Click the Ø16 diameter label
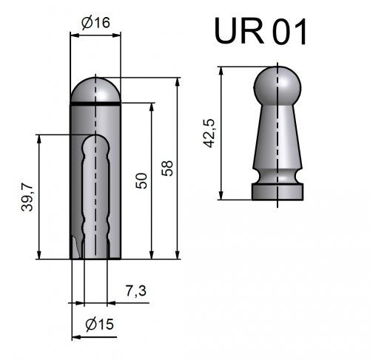coord(95,23)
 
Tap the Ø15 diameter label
coord(100,324)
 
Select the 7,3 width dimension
coord(135,291)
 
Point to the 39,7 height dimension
coord(27,197)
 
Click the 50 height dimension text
coord(141,181)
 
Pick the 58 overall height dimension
coord(167,168)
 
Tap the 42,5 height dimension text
coord(209,133)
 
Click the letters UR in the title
coord(239,31)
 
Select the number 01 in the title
coord(289,32)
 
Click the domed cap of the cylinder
coord(95,89)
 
